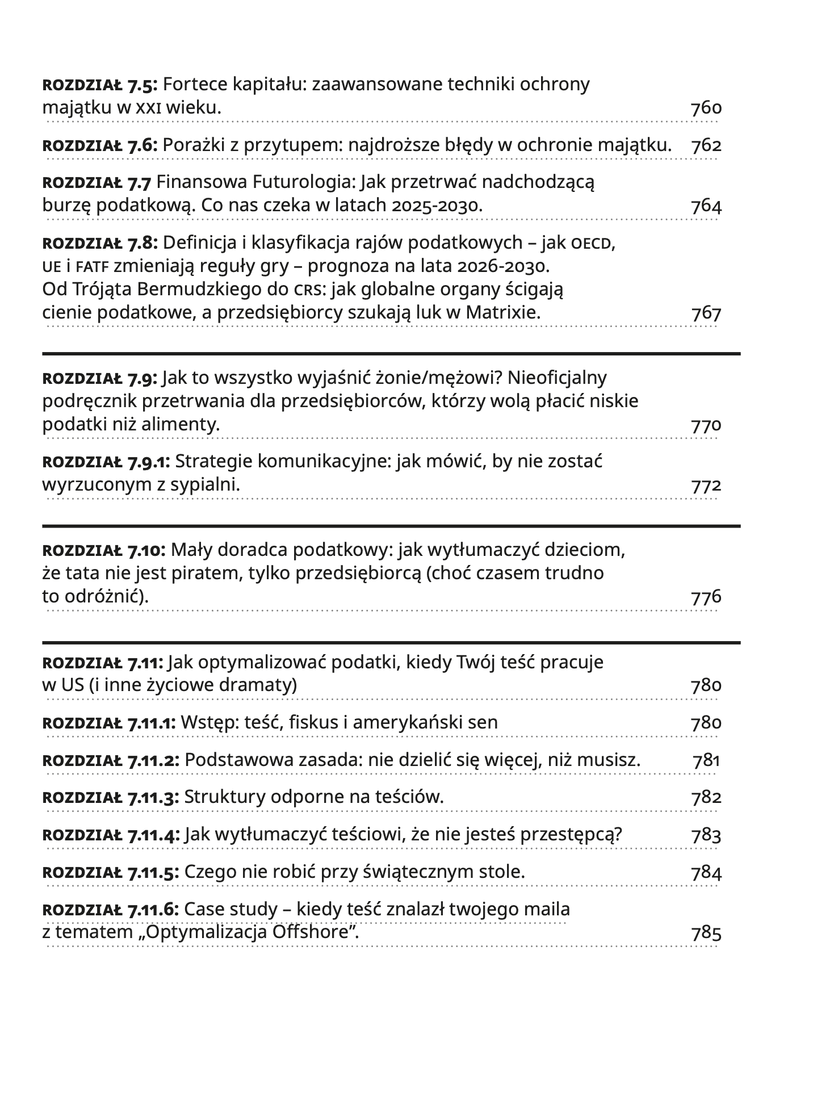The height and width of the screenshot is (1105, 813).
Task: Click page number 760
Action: tap(706, 108)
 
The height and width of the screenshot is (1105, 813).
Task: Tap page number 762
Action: tap(706, 145)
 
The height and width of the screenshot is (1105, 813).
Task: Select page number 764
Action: tap(706, 206)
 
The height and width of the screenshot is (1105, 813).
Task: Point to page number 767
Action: tap(706, 313)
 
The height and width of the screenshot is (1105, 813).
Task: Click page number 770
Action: tap(706, 425)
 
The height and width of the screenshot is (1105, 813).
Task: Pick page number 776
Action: tap(706, 597)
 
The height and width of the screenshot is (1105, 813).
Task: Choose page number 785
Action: tap(706, 933)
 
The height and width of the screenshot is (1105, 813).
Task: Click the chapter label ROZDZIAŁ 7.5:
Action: tap(100, 85)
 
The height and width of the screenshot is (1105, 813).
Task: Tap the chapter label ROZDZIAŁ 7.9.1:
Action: tap(106, 462)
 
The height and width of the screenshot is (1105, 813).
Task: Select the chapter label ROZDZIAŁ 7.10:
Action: tap(104, 550)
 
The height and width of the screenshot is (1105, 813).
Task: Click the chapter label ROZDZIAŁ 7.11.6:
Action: tap(111, 910)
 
